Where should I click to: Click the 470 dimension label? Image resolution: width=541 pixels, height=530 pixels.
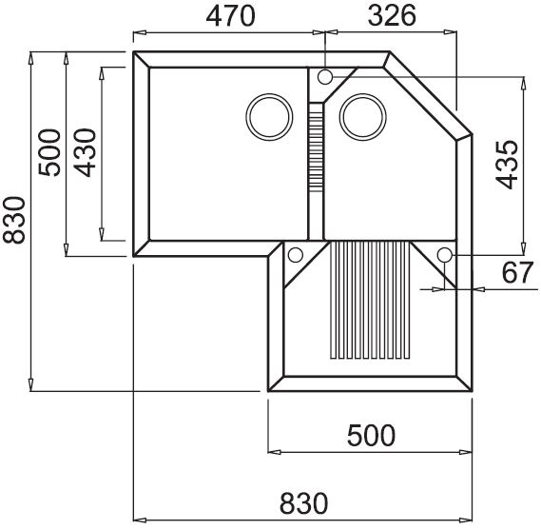(231, 16)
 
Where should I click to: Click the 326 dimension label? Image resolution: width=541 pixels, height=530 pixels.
(392, 16)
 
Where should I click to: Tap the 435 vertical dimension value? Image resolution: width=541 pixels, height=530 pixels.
(507, 165)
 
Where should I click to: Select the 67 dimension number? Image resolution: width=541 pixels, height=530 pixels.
(517, 272)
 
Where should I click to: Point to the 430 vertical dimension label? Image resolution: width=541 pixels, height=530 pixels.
(85, 152)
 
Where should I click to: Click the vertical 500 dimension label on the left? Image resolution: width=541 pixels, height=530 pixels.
(49, 152)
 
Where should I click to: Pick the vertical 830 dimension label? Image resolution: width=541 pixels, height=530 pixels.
(14, 221)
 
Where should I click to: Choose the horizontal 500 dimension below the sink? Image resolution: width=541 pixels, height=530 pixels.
(371, 436)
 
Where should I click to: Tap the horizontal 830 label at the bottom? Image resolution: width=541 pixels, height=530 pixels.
(303, 503)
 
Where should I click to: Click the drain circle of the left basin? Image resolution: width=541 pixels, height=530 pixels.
(269, 117)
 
